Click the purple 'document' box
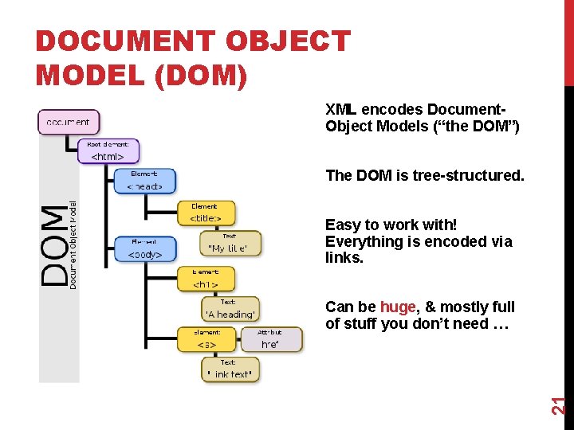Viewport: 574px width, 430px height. point(69,122)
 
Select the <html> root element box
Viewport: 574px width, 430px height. point(108,151)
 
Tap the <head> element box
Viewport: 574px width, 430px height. point(144,182)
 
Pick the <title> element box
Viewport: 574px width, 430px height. point(206,213)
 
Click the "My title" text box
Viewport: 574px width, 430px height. point(230,244)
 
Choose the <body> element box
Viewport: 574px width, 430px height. point(144,249)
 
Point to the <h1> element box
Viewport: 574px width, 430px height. point(206,279)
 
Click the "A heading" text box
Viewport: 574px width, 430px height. point(230,309)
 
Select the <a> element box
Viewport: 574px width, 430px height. point(206,340)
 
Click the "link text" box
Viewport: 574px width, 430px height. point(230,369)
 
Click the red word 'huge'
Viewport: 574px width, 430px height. point(398,307)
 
